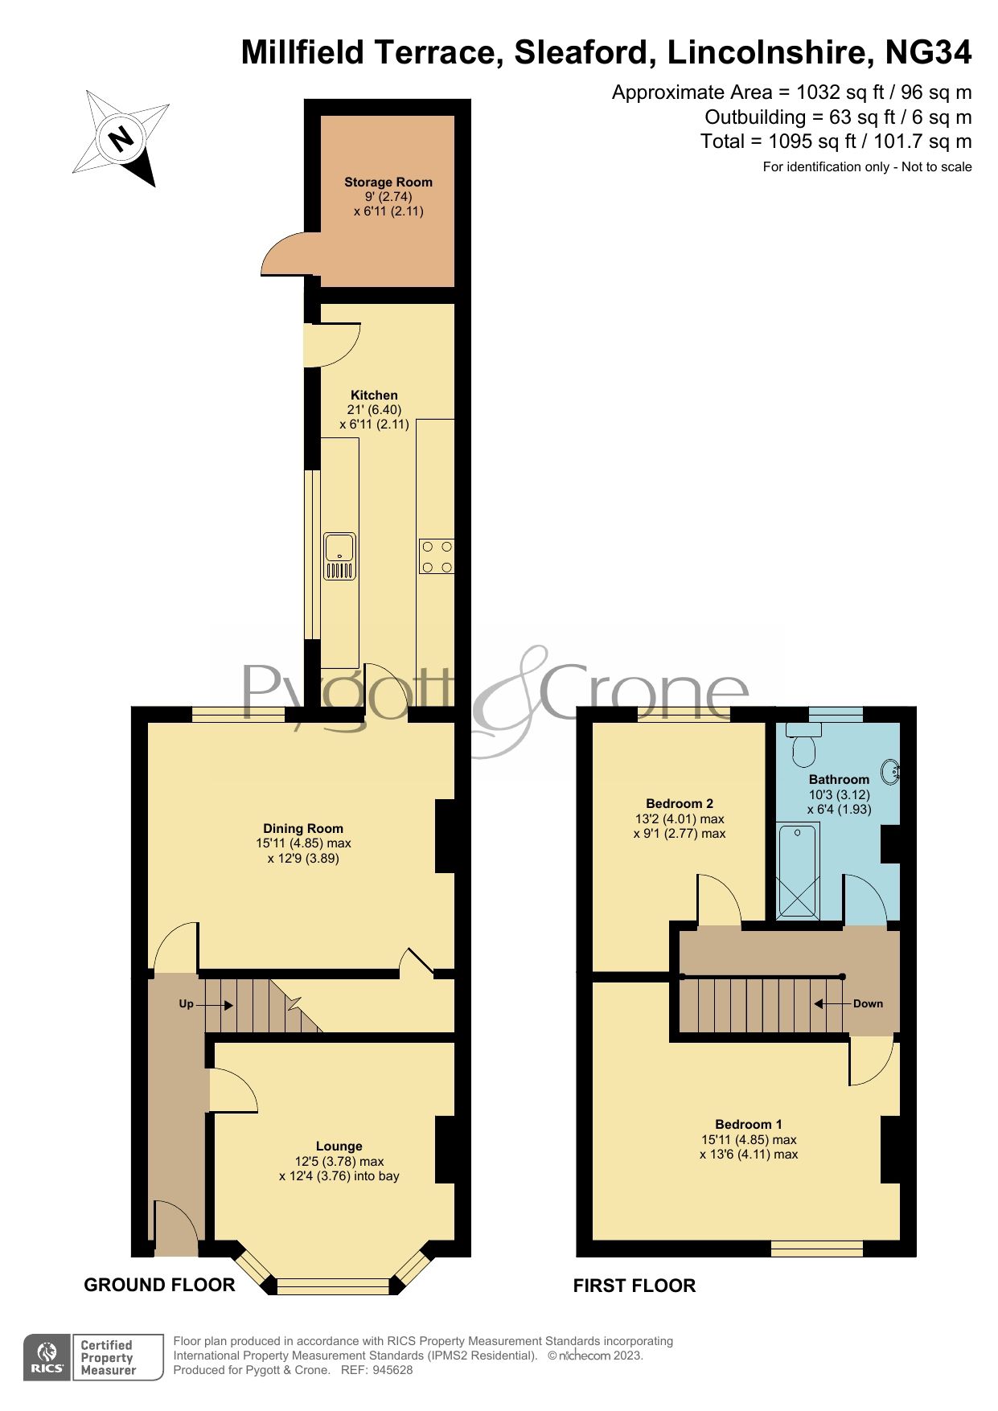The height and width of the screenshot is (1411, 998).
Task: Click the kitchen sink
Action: pyautogui.click(x=339, y=556)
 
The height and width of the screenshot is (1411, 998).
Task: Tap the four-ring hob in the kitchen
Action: pyautogui.click(x=436, y=556)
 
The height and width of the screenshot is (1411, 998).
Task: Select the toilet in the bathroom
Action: pyautogui.click(x=803, y=745)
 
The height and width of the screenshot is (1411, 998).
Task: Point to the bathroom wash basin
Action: pyautogui.click(x=891, y=772)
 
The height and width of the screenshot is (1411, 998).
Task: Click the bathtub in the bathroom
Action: pyautogui.click(x=797, y=870)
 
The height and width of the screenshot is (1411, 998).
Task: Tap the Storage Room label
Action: pyautogui.click(x=388, y=183)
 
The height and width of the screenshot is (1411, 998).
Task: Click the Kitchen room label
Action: pyautogui.click(x=374, y=396)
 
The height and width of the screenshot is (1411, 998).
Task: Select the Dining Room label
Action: pyautogui.click(x=303, y=829)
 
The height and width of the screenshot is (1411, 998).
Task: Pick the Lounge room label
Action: pyautogui.click(x=339, y=1146)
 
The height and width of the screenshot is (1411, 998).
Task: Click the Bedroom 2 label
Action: pyautogui.click(x=680, y=804)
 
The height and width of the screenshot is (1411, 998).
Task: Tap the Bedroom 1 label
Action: pyautogui.click(x=749, y=1125)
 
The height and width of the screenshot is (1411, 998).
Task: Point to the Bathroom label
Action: pyautogui.click(x=839, y=780)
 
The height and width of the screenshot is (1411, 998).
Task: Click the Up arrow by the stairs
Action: pyautogui.click(x=213, y=1005)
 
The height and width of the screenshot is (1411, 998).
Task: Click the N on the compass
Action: pyautogui.click(x=121, y=140)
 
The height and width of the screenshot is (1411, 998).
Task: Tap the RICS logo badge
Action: pyautogui.click(x=48, y=1358)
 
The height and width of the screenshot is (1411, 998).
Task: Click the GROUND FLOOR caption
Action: pyautogui.click(x=159, y=1285)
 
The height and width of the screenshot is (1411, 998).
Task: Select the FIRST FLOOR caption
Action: pyautogui.click(x=634, y=1286)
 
